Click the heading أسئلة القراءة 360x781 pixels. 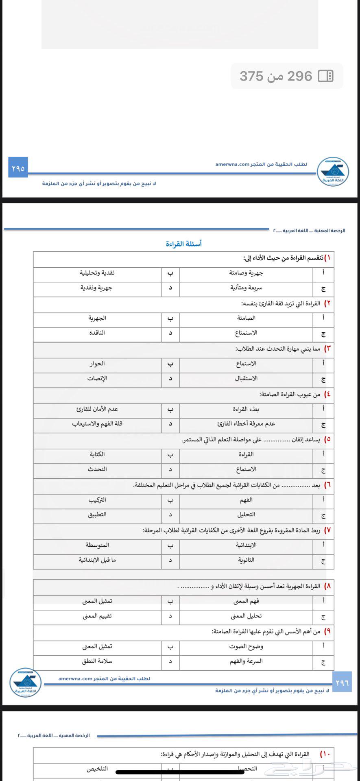183,244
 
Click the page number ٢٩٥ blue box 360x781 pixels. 18,168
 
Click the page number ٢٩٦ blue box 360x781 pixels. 342,683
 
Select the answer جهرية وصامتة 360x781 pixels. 246,273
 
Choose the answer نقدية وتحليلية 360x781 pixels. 97,273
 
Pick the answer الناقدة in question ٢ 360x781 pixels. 97,333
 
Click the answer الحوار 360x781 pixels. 97,364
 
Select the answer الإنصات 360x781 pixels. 97,378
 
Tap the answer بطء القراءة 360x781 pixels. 246,409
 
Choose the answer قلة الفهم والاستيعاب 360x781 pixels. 97,424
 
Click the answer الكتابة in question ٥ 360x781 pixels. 97,454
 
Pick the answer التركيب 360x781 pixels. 97,500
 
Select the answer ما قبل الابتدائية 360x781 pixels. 97,560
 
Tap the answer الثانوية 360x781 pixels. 246,560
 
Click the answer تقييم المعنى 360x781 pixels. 97,616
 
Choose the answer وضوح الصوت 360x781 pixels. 246,646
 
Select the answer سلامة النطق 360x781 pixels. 97,661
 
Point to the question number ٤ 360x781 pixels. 327,394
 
